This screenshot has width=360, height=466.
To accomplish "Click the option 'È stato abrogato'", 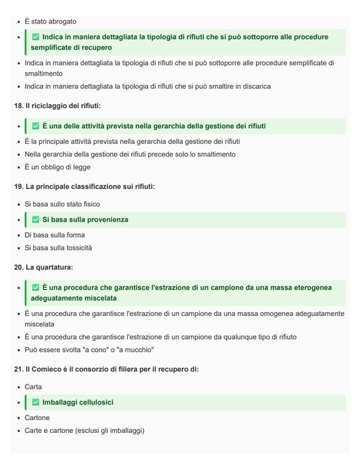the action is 51,22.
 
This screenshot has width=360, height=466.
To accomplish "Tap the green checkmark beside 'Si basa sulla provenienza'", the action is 36,220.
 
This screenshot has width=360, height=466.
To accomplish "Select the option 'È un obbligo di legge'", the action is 57,167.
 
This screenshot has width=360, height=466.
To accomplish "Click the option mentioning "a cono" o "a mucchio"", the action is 90,350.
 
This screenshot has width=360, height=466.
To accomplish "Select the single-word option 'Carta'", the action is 34,387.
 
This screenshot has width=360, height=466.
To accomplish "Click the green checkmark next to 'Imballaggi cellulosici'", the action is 36,403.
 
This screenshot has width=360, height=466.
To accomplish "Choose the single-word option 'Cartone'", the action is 37,418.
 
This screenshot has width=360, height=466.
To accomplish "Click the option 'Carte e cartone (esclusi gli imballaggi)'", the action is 85,431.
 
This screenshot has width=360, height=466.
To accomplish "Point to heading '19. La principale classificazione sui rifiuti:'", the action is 84,186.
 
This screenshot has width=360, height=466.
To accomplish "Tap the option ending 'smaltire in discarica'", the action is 148,86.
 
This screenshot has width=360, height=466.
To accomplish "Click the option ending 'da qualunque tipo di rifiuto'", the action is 161,337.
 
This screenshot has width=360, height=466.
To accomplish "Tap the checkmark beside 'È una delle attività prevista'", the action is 36,126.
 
